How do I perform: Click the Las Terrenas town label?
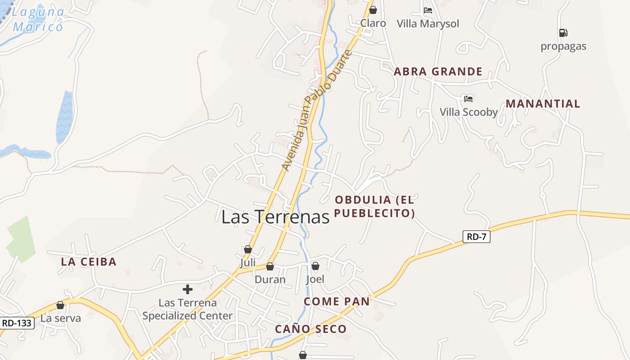pos(275,217)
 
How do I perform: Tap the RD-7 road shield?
pos(476,237)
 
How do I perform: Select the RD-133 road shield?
pos(17,323)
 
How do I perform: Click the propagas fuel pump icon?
pos(563,33)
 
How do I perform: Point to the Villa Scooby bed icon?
pos(468,99)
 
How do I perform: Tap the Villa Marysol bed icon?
pos(428,10)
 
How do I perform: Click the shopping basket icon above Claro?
pos(373,10)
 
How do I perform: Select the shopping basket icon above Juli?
pos(247,249)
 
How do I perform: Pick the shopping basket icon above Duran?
pos(270,267)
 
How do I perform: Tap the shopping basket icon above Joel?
pos(315,266)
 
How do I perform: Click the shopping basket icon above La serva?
pos(60,306)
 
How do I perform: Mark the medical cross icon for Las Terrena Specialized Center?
pos(188,289)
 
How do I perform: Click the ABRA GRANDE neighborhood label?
pos(438,72)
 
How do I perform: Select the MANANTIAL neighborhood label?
pos(543,103)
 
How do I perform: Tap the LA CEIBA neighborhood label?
pos(89,261)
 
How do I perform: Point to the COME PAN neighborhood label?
pos(337,301)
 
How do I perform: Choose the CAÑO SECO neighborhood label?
pos(310,329)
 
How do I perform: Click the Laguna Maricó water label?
pos(38,19)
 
